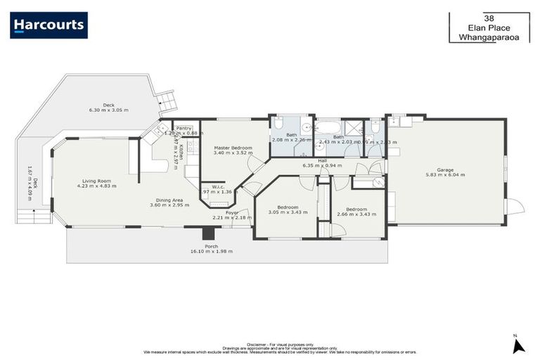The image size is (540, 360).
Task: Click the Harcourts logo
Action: pyautogui.click(x=49, y=25)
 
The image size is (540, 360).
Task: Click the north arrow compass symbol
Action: pyautogui.click(x=518, y=345)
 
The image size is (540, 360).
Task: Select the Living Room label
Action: pyautogui.click(x=97, y=181)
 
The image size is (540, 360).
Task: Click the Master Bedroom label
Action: pyautogui.click(x=232, y=148)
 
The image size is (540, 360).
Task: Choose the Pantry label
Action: pyautogui.click(x=184, y=128)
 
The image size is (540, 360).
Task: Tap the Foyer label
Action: pyautogui.click(x=232, y=212)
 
